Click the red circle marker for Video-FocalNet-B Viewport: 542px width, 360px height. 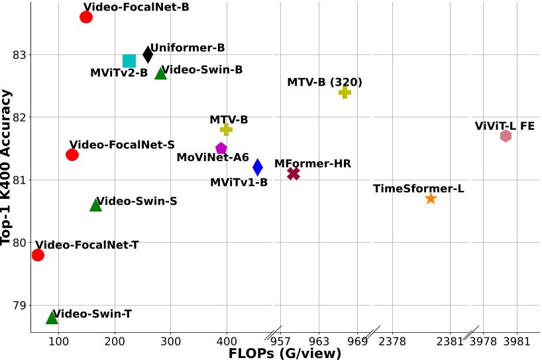click(86, 17)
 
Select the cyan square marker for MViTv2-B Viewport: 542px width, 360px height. click(129, 61)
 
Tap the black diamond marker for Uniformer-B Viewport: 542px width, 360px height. click(148, 54)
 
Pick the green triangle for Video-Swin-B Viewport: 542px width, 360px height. click(160, 73)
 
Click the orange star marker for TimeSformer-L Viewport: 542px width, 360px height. click(431, 198)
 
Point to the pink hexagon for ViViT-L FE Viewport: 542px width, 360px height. click(506, 136)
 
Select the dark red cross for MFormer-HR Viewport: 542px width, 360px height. click(294, 173)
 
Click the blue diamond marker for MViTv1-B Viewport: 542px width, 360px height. click(258, 167)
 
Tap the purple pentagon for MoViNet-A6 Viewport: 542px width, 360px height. click(221, 148)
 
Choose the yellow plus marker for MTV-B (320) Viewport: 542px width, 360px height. click(345, 92)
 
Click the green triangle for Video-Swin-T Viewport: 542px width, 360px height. click(52, 318)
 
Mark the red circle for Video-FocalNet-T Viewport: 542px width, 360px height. click(38, 255)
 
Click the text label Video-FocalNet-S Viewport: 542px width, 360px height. click(122, 145)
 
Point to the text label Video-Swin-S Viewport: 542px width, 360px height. click(137, 201)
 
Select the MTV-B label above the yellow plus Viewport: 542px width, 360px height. click(229, 119)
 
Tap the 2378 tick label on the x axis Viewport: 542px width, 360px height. click(392, 342)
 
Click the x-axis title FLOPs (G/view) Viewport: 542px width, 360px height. click(285, 353)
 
